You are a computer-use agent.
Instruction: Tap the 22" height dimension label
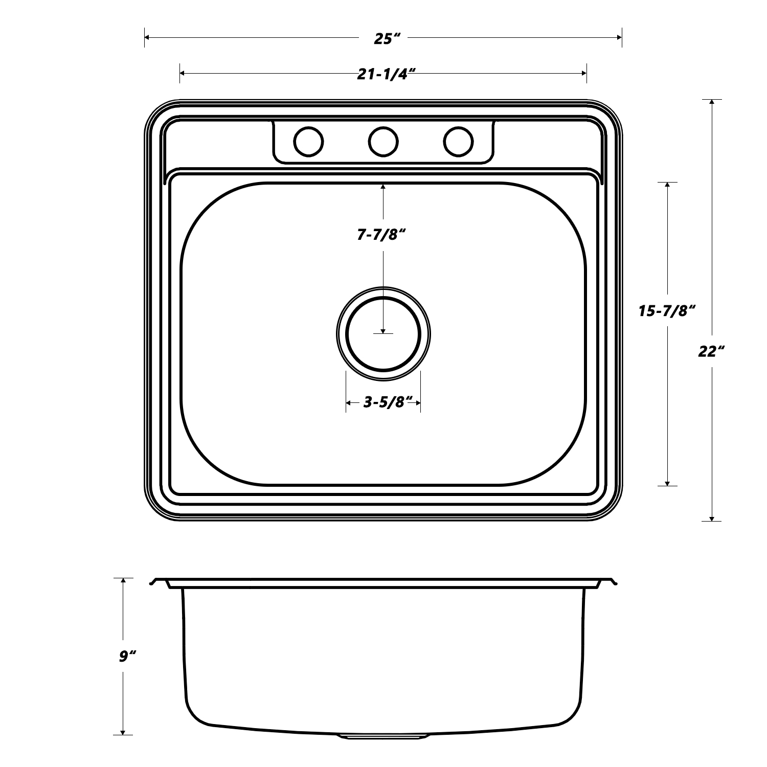pos(711,351)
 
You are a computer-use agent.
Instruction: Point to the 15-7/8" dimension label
pos(667,311)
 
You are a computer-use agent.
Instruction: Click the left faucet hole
pos(308,141)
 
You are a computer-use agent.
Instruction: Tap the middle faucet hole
pos(383,141)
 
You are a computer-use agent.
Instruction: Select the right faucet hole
pos(458,141)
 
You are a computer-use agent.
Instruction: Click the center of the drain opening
pos(383,333)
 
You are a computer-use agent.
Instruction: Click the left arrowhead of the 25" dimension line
pos(148,37)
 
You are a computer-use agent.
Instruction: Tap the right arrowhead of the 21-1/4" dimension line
pos(583,74)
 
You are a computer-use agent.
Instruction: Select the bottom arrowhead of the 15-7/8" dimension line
pos(667,482)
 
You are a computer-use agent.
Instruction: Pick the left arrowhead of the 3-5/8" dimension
pos(349,404)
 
